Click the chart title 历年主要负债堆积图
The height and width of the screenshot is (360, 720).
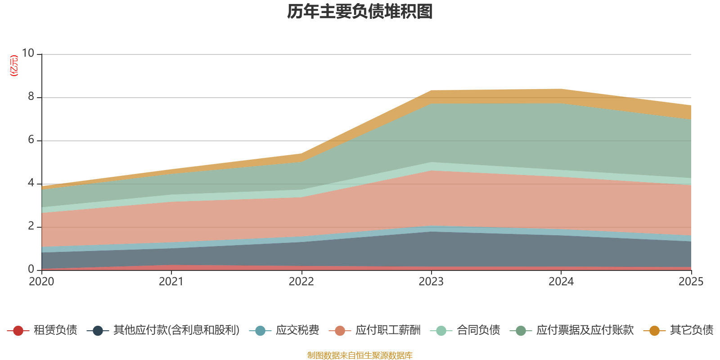click(x=360, y=12)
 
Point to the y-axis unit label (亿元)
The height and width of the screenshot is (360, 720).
click(x=14, y=66)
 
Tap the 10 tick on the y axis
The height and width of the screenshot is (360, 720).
click(x=28, y=54)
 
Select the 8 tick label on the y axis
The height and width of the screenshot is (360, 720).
click(x=31, y=97)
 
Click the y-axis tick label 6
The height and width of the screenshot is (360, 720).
click(x=31, y=140)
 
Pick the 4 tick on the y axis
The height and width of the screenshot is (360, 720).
click(x=31, y=183)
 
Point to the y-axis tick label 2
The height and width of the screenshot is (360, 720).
click(x=31, y=226)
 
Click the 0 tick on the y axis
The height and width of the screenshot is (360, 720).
click(x=31, y=270)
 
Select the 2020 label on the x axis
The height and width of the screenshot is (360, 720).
click(x=41, y=282)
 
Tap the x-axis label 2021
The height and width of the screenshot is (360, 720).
click(x=171, y=282)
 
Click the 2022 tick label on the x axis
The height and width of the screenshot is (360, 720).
click(x=301, y=282)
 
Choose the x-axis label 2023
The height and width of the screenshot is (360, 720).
click(x=431, y=282)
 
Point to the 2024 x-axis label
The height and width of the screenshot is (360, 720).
click(x=561, y=282)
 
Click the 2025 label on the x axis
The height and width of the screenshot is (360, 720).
click(x=691, y=282)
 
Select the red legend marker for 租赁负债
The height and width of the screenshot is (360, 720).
click(x=18, y=331)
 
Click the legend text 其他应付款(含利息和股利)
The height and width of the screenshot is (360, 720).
click(x=176, y=330)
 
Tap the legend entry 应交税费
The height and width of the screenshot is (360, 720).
click(x=297, y=330)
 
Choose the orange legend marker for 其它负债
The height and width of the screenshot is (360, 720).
click(x=654, y=331)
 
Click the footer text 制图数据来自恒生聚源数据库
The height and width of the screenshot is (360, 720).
click(x=360, y=355)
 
